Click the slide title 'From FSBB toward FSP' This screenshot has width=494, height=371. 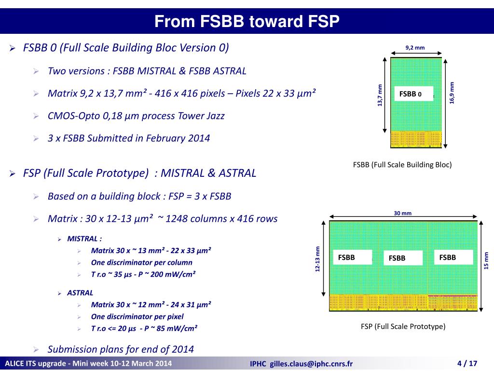(x=247, y=21)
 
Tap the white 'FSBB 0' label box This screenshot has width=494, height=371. (x=413, y=94)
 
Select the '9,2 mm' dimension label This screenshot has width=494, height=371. (x=415, y=48)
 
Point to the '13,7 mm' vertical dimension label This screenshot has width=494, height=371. (x=380, y=95)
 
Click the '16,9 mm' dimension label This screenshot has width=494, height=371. (x=452, y=93)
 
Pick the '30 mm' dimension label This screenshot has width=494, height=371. (x=403, y=213)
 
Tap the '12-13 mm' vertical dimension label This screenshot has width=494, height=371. (x=317, y=259)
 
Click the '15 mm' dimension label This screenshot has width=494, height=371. (x=486, y=260)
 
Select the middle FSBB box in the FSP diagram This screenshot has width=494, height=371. (x=403, y=258)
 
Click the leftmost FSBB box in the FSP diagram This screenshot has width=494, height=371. (x=353, y=257)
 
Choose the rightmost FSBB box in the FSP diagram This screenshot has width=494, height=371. (x=453, y=257)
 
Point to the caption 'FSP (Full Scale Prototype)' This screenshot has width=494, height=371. (x=403, y=326)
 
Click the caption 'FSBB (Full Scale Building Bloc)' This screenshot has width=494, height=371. (x=402, y=165)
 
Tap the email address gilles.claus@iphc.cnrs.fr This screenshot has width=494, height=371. (x=311, y=364)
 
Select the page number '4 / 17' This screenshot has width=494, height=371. (x=467, y=363)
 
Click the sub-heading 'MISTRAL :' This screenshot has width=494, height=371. (x=84, y=239)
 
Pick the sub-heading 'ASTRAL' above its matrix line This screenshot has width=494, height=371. (x=80, y=293)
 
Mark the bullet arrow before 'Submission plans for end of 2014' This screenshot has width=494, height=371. (x=36, y=350)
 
